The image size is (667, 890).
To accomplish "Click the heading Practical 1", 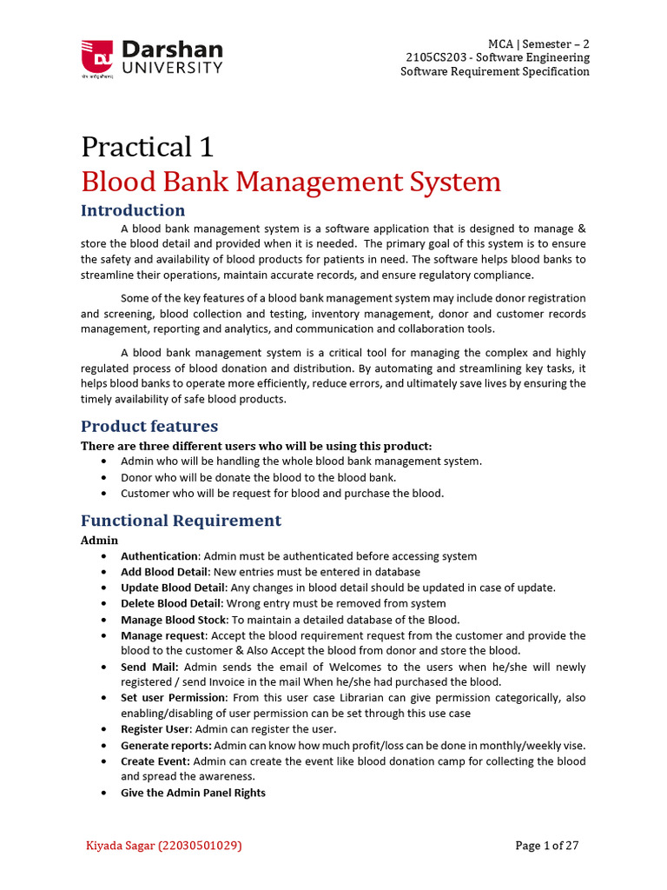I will point(147,146).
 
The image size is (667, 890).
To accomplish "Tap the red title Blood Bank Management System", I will point(291,182).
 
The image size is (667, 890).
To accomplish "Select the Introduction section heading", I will point(133,210).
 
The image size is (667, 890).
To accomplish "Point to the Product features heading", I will point(149,426).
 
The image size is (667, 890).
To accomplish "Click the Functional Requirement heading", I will point(181,521).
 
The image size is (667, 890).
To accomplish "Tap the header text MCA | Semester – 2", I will point(538,43).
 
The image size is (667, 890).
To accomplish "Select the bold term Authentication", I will point(159,556).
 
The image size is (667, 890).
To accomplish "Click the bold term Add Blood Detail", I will point(164,572).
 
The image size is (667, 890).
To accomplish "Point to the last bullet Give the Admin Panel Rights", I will point(193,793).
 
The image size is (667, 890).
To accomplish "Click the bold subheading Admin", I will point(99,540).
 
